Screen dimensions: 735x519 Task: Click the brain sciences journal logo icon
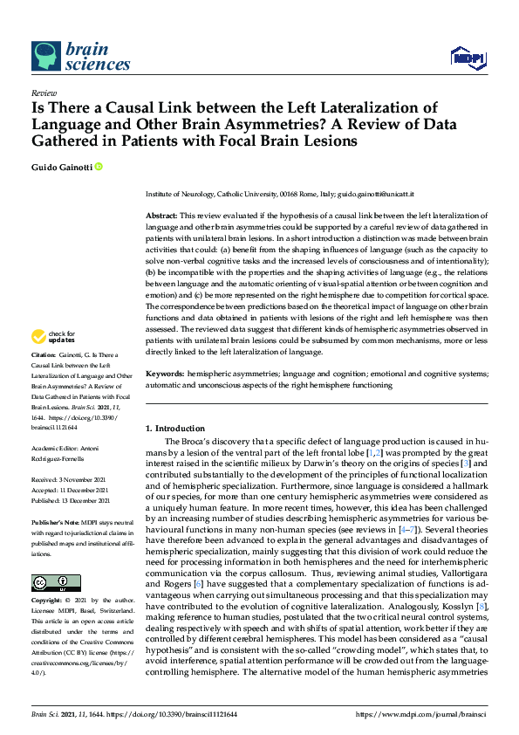[x=45, y=55]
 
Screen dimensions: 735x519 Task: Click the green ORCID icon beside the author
[x=99, y=166]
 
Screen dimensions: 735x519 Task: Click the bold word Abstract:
[x=162, y=214]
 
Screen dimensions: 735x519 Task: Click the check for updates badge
[x=51, y=361]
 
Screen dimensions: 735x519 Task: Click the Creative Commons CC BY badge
[x=51, y=583]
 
